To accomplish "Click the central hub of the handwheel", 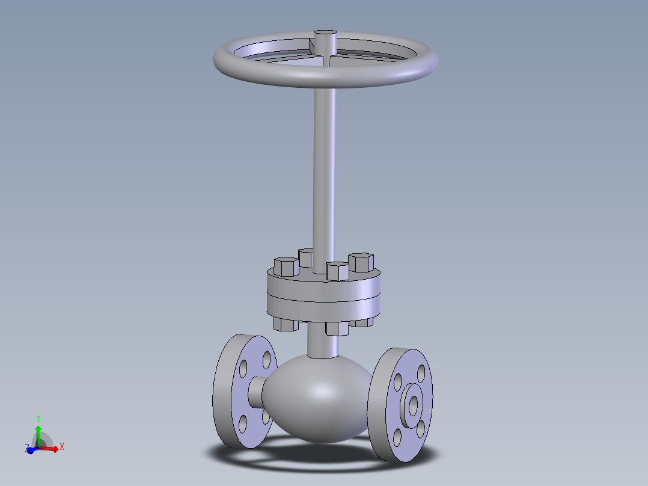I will click(325, 42).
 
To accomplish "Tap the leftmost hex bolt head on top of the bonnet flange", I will click(286, 266).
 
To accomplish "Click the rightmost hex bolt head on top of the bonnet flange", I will click(361, 262).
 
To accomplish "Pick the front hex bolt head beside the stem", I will click(337, 271).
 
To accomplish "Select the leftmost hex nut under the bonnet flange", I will click(286, 324).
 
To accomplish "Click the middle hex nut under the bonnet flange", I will click(337, 328).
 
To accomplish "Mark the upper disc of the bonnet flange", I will click(325, 285).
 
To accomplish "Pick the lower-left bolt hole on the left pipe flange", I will click(242, 423).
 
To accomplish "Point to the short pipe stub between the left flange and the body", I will click(256, 391).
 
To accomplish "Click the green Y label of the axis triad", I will click(38, 418).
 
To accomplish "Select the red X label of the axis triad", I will click(62, 446).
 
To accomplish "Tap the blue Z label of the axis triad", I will click(27, 449).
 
